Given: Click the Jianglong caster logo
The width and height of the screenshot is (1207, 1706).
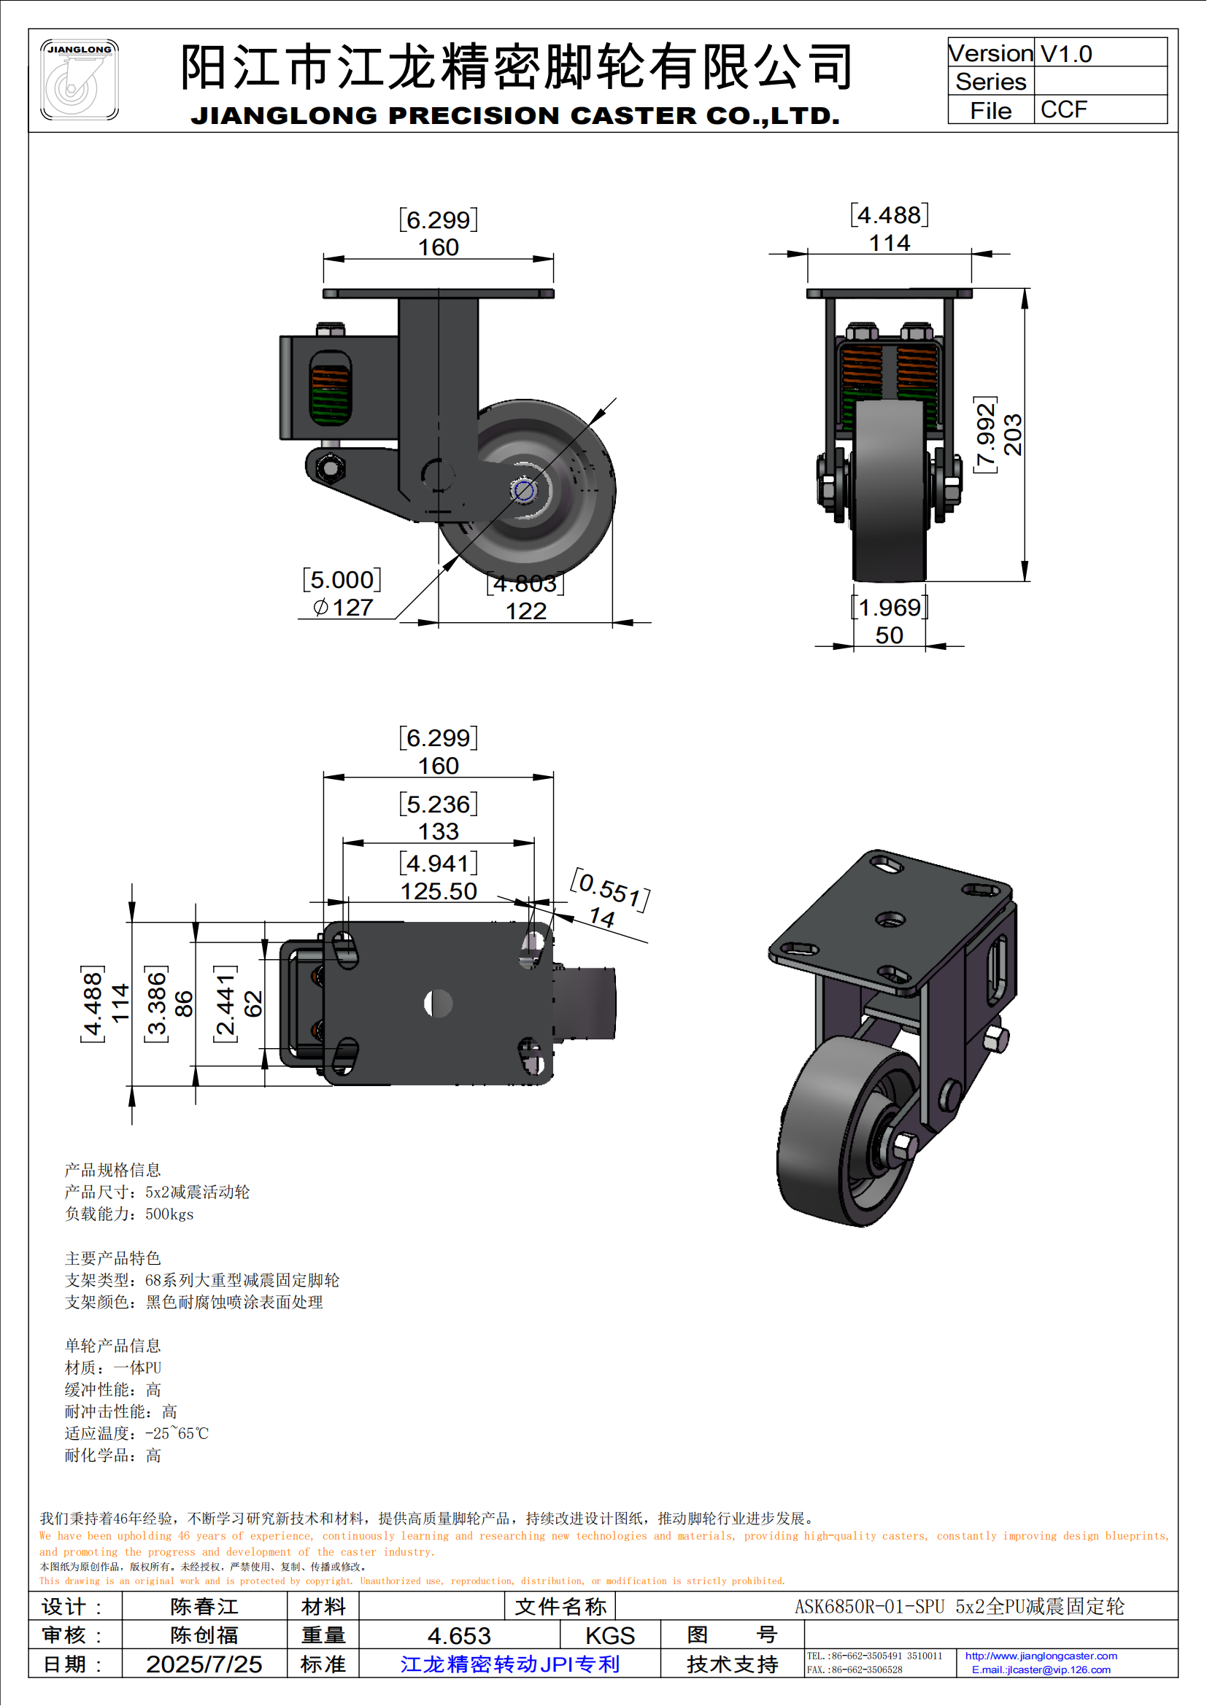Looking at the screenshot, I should (80, 80).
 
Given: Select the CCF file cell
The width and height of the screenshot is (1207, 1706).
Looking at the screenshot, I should (1063, 110).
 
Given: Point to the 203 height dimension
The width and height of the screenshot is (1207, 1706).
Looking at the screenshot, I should (1013, 435).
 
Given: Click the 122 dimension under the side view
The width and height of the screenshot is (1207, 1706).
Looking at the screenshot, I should (525, 610).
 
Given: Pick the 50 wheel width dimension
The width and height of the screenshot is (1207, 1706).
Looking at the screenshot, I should (889, 635).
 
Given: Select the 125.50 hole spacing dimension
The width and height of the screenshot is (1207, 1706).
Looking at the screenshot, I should (439, 891).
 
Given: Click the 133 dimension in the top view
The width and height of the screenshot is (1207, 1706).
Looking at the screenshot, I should (439, 831).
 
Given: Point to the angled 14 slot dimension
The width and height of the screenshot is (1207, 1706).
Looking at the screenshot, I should (602, 918).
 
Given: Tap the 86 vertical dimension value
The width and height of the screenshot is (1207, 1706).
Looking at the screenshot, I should (184, 1004).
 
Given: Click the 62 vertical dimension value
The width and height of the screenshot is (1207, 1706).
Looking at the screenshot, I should (253, 1004).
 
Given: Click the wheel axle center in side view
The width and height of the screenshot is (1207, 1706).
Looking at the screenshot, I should (523, 490).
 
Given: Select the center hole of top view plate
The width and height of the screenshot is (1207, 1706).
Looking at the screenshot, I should (438, 1004).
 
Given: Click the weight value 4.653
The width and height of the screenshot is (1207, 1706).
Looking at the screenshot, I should (458, 1635).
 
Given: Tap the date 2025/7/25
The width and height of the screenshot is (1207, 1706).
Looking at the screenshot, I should (204, 1664).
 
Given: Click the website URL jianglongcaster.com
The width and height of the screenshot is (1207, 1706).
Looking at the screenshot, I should (1041, 1656).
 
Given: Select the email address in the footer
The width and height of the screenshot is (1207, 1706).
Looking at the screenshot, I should (1041, 1670).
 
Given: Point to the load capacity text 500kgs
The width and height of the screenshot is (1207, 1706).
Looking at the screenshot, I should (169, 1214).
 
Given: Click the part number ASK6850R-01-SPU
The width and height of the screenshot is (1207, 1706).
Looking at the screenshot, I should (869, 1606).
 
